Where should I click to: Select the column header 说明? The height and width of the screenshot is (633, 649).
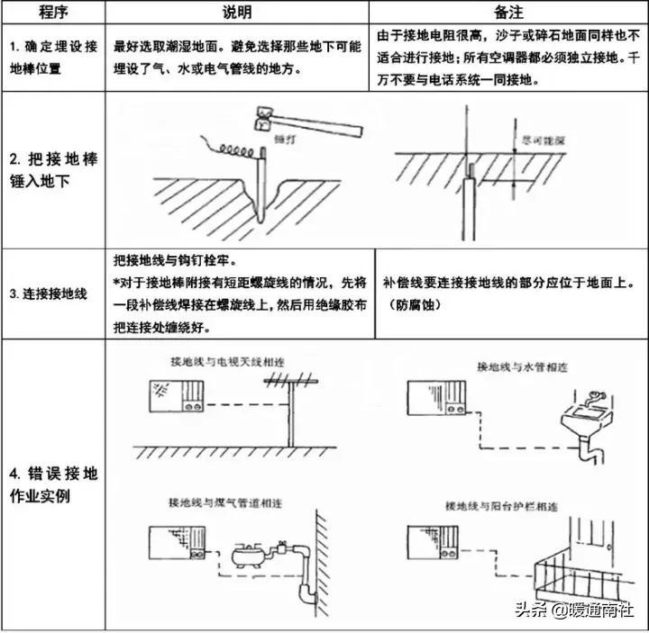(x=238, y=13)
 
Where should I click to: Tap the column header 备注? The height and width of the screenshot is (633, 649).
(x=507, y=13)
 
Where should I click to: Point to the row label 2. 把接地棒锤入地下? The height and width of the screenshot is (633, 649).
(x=52, y=170)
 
